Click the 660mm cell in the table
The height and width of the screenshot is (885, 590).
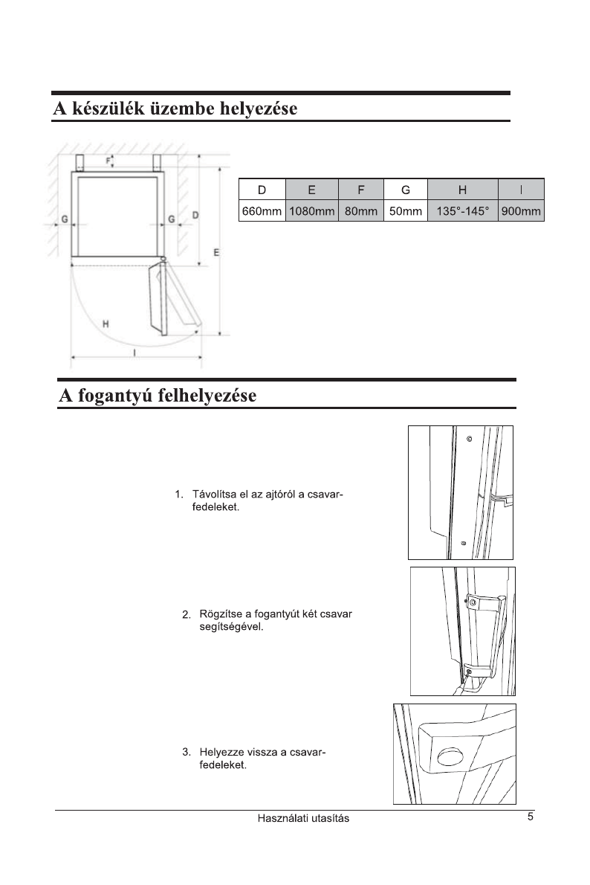coord(262,212)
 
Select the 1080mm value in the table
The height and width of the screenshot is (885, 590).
coord(311,212)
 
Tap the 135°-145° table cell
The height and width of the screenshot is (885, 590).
coord(462,212)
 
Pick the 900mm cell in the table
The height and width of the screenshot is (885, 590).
coord(521,212)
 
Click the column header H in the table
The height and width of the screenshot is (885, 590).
coord(462,190)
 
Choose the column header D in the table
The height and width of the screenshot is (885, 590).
coord(262,190)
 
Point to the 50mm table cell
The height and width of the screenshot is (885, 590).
coord(406,212)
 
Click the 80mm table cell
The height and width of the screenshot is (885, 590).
coord(360,212)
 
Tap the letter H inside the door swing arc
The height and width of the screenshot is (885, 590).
coord(106,324)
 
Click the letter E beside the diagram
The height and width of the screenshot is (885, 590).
coord(216,253)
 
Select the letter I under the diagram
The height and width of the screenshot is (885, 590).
coord(134,352)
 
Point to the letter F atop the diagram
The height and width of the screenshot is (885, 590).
coord(106,160)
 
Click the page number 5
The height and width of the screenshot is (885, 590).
coord(531,817)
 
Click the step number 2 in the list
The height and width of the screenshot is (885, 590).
coord(185,614)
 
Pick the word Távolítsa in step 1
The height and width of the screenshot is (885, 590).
coord(215,494)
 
